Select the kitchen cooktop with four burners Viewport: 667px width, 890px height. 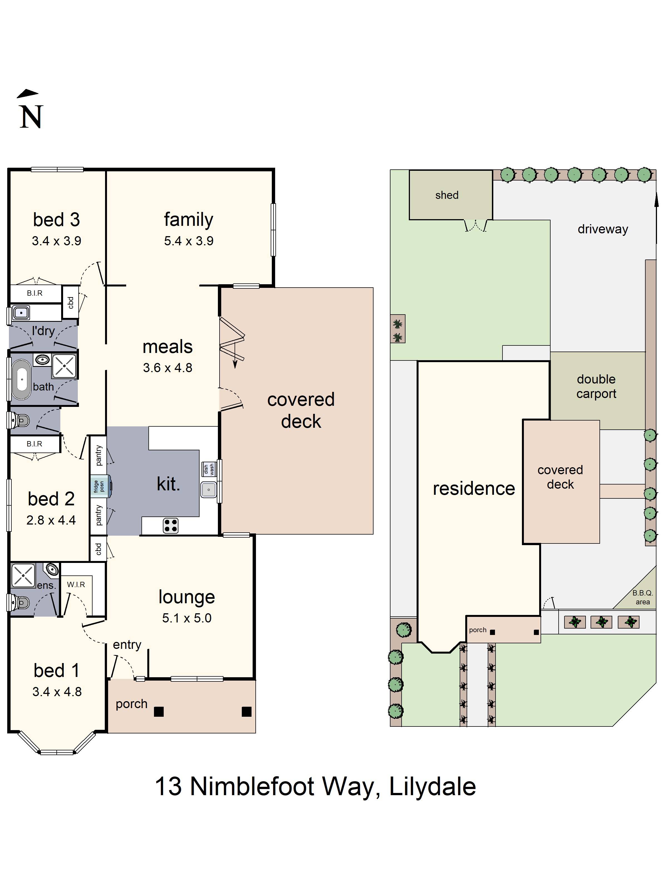point(170,525)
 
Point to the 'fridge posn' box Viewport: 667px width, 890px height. point(99,486)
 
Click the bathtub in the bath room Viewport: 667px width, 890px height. point(22,379)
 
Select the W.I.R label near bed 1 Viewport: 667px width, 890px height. point(76,584)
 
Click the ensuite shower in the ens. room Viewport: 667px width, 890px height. point(23,575)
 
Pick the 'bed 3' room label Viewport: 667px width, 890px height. point(56,220)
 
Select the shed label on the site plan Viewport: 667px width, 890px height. point(447,195)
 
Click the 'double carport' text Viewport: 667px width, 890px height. point(596,386)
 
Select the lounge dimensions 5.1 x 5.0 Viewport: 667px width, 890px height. point(186,618)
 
